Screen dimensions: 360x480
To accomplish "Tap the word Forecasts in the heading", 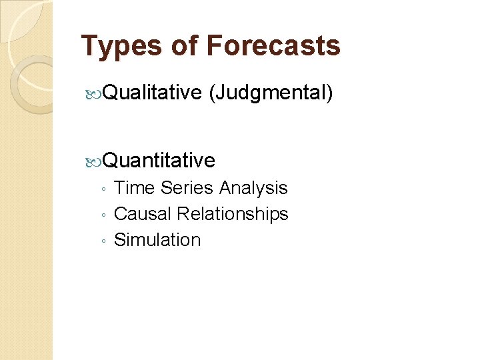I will [x=273, y=46].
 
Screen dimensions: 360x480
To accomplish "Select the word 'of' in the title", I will [x=185, y=46].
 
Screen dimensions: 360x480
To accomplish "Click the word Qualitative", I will [x=153, y=93].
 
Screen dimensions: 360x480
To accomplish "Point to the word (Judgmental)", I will [x=271, y=93].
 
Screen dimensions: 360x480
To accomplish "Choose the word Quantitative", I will [x=159, y=160].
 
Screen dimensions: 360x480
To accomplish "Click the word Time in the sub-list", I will [x=134, y=188].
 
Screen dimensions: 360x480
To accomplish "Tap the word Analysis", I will [x=253, y=188].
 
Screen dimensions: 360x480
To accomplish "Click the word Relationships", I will [x=233, y=214].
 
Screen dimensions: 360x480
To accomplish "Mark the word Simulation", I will [x=157, y=240].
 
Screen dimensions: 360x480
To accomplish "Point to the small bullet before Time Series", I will [x=102, y=190].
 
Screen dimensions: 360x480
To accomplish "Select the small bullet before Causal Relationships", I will [x=102, y=216].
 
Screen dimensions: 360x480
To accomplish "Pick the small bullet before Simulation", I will [x=102, y=242].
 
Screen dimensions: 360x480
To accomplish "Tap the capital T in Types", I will [x=89, y=46].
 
